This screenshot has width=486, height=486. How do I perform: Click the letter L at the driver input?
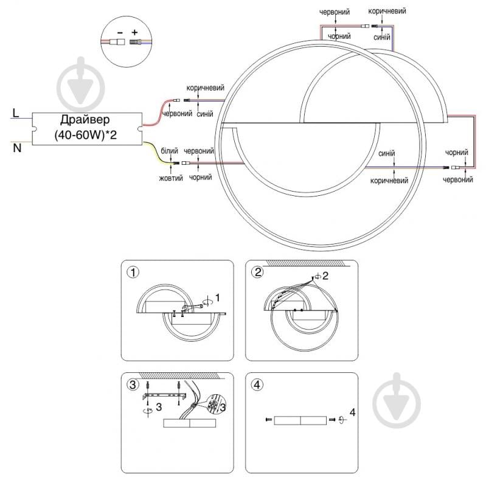click(16, 114)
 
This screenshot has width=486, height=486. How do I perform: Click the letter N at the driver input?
click(17, 148)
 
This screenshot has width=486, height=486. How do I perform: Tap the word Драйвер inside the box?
click(85, 119)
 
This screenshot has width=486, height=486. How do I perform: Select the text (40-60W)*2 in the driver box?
click(85, 134)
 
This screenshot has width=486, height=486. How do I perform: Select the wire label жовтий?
click(170, 178)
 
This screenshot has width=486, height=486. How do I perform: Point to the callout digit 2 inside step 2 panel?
click(325, 276)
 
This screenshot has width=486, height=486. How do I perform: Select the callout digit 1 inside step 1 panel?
click(218, 297)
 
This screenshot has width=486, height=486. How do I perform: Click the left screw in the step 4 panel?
click(268, 420)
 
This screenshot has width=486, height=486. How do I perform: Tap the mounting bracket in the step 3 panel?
click(163, 397)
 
